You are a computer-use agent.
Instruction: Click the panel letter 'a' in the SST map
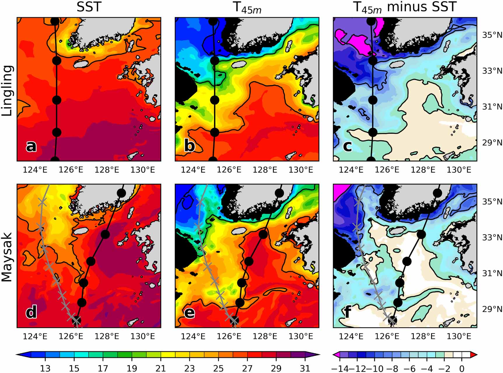click(x=31, y=146)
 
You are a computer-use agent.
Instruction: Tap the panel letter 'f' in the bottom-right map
click(x=347, y=312)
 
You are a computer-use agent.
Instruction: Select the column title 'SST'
click(x=89, y=7)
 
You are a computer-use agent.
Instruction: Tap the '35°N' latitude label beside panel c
click(x=492, y=35)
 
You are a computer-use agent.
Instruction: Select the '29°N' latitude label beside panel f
click(x=492, y=309)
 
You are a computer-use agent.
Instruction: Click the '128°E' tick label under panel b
click(x=265, y=170)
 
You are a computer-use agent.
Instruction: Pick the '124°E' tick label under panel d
click(x=35, y=336)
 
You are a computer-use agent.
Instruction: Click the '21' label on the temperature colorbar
click(x=160, y=368)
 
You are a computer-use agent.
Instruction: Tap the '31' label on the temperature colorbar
click(x=305, y=368)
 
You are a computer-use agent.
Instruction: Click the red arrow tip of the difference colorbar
click(x=474, y=354)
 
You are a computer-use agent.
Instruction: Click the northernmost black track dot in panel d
click(x=121, y=193)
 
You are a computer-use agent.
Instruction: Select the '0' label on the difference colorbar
click(x=462, y=369)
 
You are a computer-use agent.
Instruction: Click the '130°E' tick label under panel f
click(x=459, y=336)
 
